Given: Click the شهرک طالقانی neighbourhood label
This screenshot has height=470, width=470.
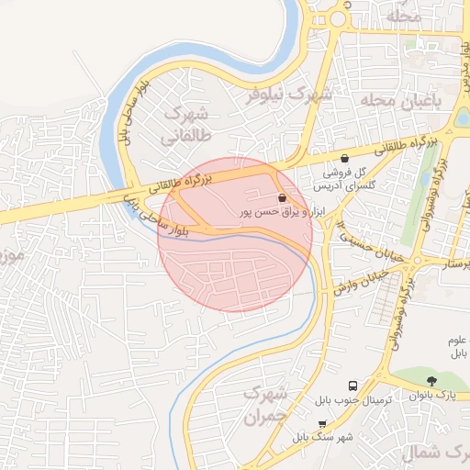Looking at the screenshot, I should coord(185,126).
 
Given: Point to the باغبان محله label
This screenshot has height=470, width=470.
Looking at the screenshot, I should coord(402,99).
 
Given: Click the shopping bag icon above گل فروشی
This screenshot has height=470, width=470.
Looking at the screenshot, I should coord(344,158).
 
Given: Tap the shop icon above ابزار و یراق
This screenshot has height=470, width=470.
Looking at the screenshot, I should coord(281,197).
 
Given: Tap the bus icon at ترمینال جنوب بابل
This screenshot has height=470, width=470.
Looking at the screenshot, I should coord(353,386).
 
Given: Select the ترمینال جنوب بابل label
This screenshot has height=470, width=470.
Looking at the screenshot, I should coord(353,401).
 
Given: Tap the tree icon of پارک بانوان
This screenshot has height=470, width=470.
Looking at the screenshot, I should coord(432,381).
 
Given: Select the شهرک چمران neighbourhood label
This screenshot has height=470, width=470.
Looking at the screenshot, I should coord(265,405).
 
